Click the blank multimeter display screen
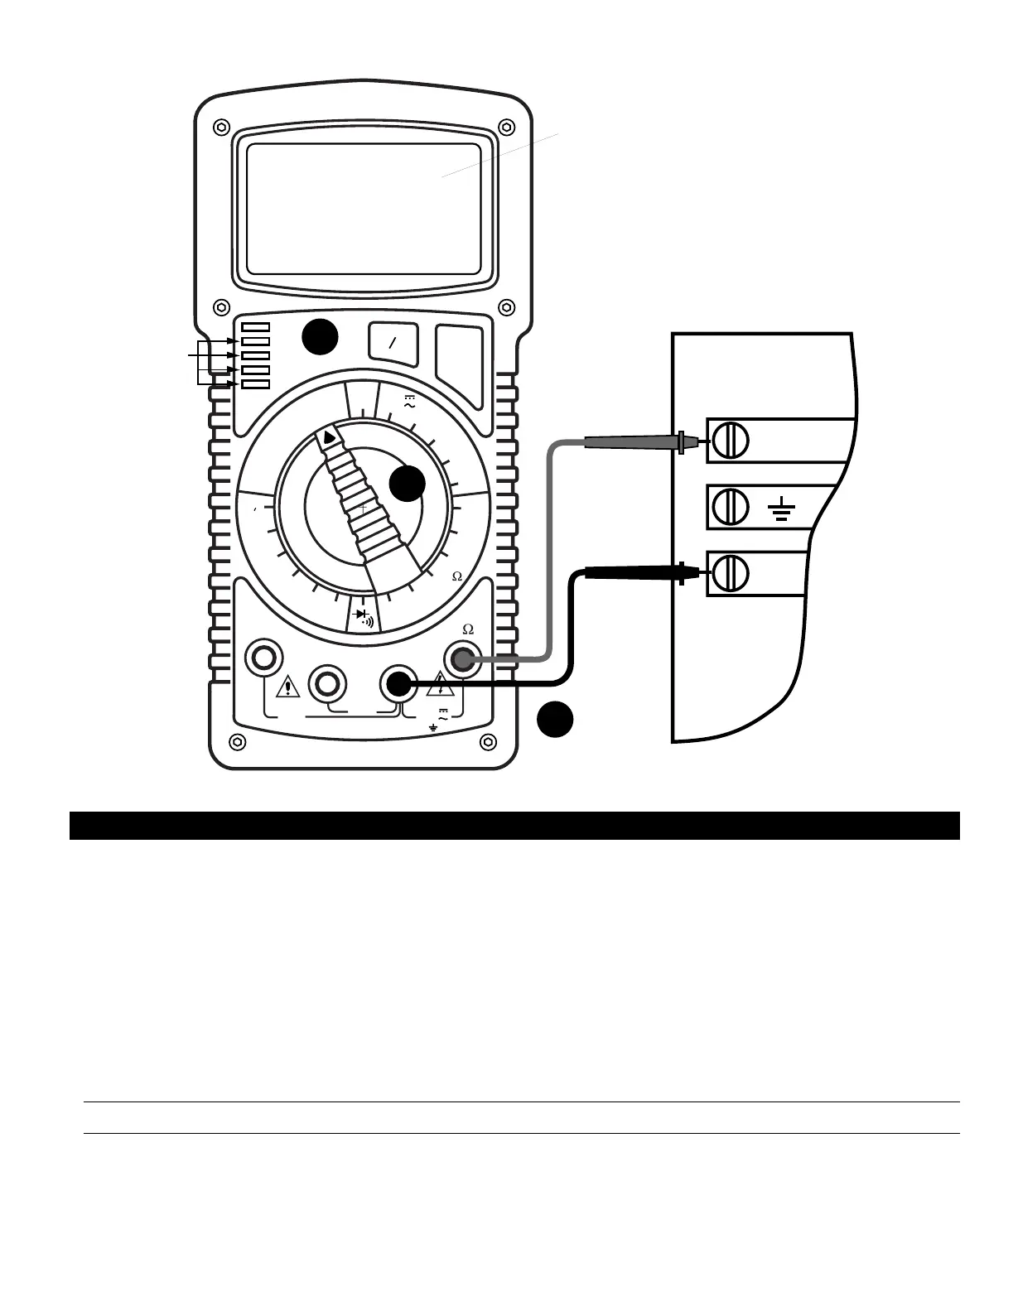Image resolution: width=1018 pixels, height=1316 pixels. click(x=364, y=209)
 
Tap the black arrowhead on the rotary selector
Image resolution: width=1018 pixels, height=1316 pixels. click(x=330, y=436)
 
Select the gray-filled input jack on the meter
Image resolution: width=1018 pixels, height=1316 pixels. click(x=462, y=660)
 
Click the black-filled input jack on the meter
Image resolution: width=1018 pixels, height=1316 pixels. click(x=398, y=684)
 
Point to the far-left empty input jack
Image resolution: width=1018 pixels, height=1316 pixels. click(x=263, y=658)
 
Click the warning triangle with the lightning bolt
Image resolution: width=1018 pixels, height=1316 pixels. click(x=440, y=685)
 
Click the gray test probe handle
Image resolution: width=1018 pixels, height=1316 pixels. click(x=630, y=442)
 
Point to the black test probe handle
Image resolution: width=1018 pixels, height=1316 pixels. click(x=631, y=571)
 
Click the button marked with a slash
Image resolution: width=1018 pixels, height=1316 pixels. click(x=393, y=344)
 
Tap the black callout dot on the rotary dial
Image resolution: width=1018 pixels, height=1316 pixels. click(x=408, y=483)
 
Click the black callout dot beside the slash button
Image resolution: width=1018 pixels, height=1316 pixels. click(x=319, y=337)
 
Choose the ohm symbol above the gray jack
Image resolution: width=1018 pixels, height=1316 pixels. click(x=467, y=630)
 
